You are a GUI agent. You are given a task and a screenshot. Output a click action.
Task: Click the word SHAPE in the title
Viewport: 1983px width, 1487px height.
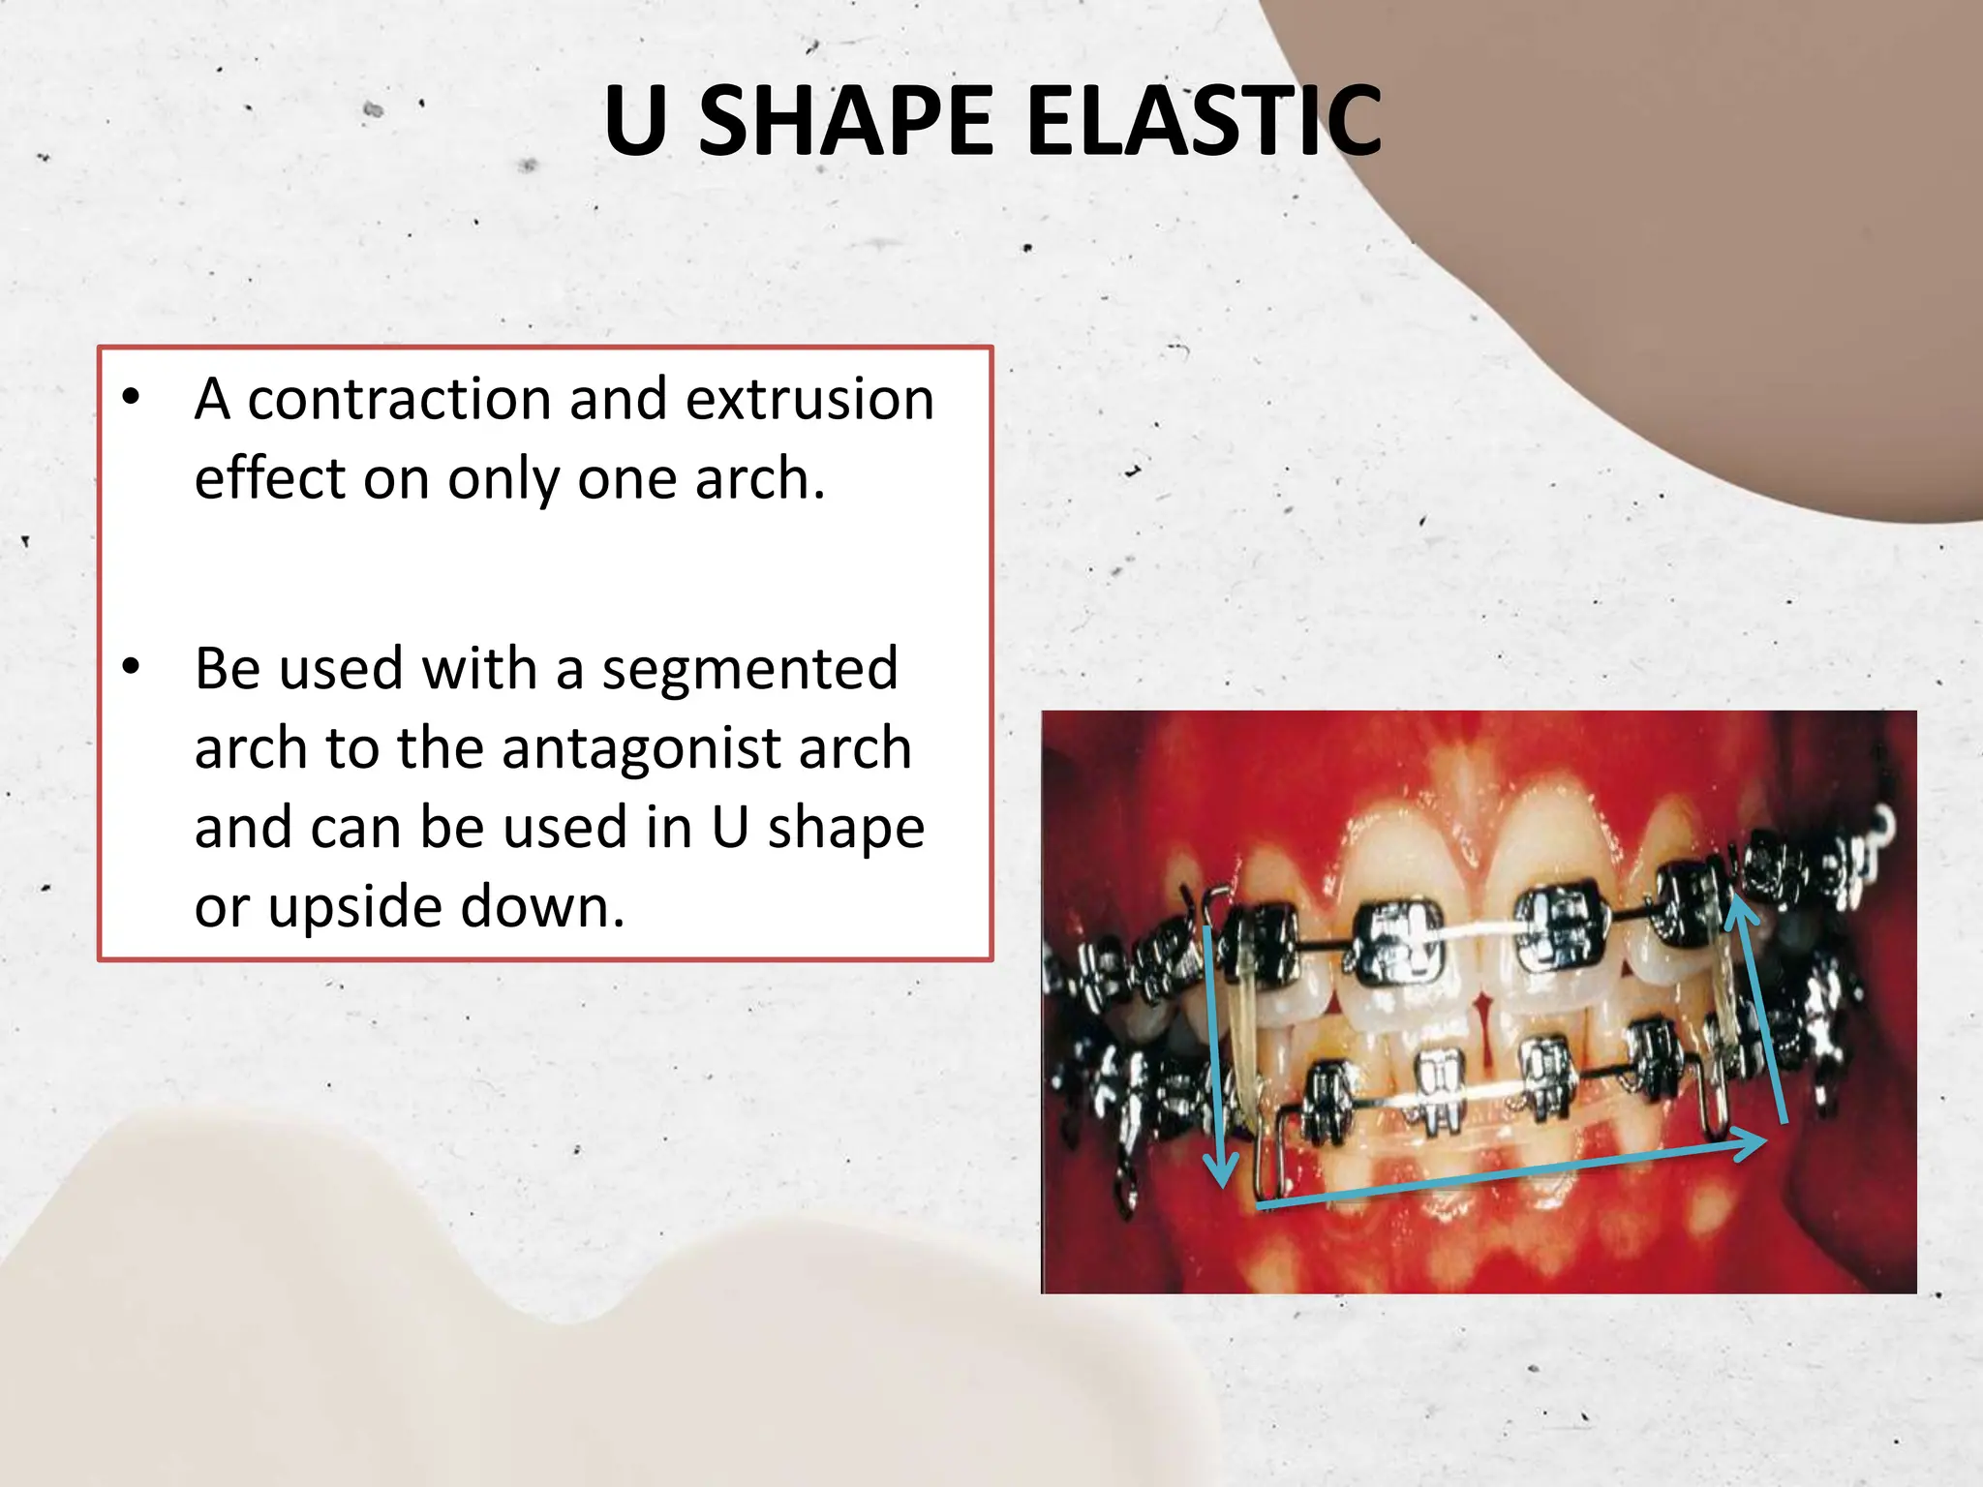point(845,121)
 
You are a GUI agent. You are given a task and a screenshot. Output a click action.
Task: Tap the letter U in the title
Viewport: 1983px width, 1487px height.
point(636,121)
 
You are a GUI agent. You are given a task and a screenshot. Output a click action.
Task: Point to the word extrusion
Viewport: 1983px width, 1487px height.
point(809,399)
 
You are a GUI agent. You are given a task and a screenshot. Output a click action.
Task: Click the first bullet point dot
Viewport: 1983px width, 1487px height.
point(132,397)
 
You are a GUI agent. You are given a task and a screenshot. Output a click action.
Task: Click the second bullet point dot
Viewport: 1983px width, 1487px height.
point(132,667)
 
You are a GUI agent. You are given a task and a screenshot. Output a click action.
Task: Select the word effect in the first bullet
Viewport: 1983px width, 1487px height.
point(269,478)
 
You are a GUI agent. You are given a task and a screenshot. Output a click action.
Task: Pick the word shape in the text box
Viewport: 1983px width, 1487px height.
point(845,828)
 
